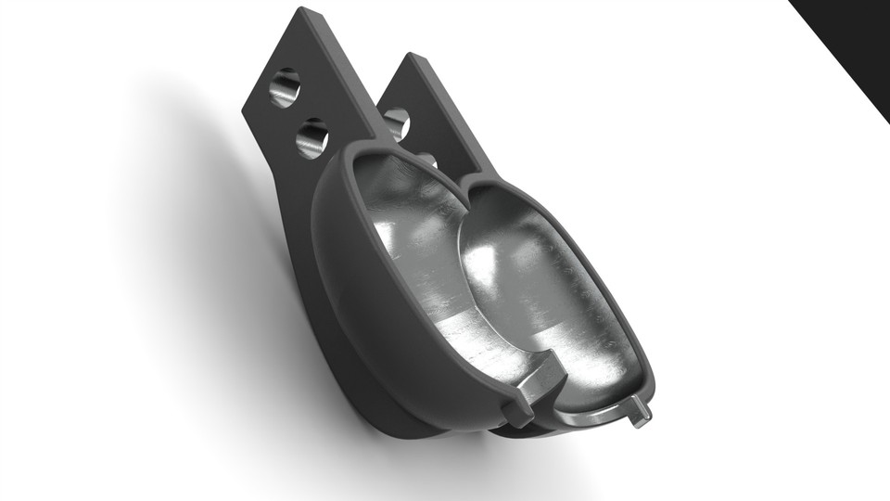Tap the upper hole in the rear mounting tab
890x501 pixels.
(x=397, y=122)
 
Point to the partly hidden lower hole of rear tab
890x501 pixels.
(x=427, y=160)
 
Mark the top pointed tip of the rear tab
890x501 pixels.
(x=408, y=58)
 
